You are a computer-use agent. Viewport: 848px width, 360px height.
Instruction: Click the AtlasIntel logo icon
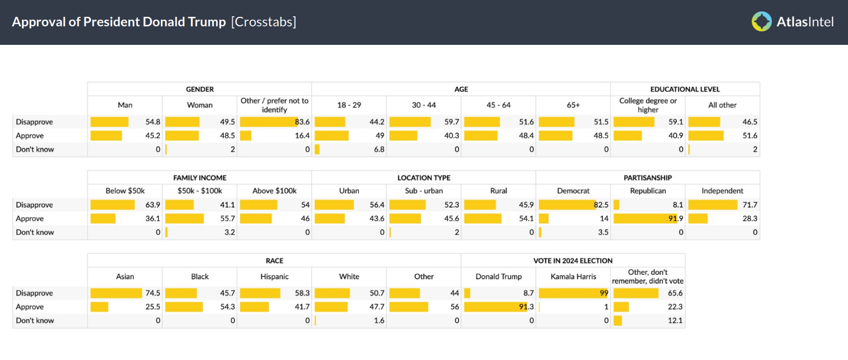pos(762,22)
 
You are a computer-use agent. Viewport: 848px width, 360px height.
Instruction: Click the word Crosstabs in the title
pos(263,22)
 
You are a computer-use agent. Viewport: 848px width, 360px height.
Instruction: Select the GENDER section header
pos(200,89)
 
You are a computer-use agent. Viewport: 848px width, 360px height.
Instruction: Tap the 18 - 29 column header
pos(349,105)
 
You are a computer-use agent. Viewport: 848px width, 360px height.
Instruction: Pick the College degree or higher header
pos(648,105)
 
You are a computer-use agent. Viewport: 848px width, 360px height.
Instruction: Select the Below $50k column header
pos(125,191)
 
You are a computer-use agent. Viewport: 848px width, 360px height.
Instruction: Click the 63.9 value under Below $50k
pos(153,205)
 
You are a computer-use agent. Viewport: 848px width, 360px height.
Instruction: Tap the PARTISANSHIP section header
pos(648,178)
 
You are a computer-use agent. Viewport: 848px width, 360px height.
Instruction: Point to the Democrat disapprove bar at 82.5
pos(566,205)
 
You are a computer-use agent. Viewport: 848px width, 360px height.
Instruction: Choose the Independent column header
pos(722,191)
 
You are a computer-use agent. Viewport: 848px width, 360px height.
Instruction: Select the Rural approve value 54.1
pos(526,219)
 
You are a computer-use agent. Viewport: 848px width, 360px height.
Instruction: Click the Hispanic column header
pos(274,276)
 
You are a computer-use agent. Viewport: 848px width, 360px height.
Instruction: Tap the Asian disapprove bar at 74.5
pos(116,293)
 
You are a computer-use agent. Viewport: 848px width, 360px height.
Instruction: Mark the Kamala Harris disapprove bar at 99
pos(572,293)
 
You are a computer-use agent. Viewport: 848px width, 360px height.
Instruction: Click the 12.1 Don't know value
pos(675,321)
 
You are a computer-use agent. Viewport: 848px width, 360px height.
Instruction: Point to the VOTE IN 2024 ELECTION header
pos(573,261)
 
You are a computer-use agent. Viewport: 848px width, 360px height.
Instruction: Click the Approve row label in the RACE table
pos(30,307)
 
